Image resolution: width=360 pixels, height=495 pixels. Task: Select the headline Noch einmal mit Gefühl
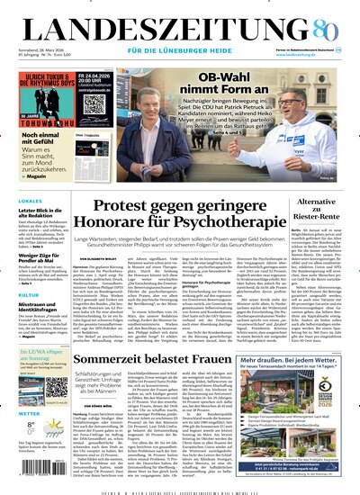click(41, 142)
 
